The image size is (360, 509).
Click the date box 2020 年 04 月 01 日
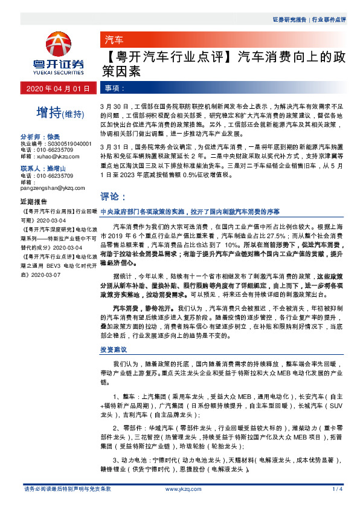tap(58, 88)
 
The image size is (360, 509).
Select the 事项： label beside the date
tap(115, 88)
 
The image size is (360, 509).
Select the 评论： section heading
tap(112, 196)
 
